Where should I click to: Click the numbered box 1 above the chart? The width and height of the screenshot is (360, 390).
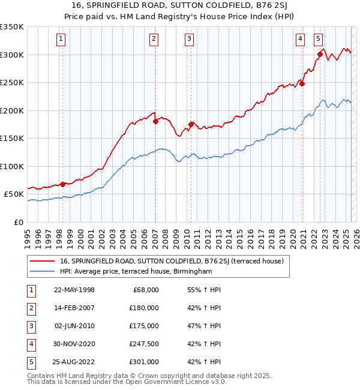62,40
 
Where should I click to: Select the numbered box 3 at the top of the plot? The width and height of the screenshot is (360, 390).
189,40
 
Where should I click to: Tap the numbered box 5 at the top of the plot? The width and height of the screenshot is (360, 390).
317,40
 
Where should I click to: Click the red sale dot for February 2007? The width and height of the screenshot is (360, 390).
155,121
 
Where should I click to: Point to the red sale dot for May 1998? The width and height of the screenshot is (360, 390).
62,184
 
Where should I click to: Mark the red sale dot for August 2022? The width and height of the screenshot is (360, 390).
320,55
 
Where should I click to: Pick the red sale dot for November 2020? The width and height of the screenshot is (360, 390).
302,84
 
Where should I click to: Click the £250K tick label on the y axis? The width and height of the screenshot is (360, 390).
12,83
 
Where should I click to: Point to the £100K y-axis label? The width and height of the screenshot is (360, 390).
12,166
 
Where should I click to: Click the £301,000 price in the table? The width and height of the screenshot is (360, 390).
145,362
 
